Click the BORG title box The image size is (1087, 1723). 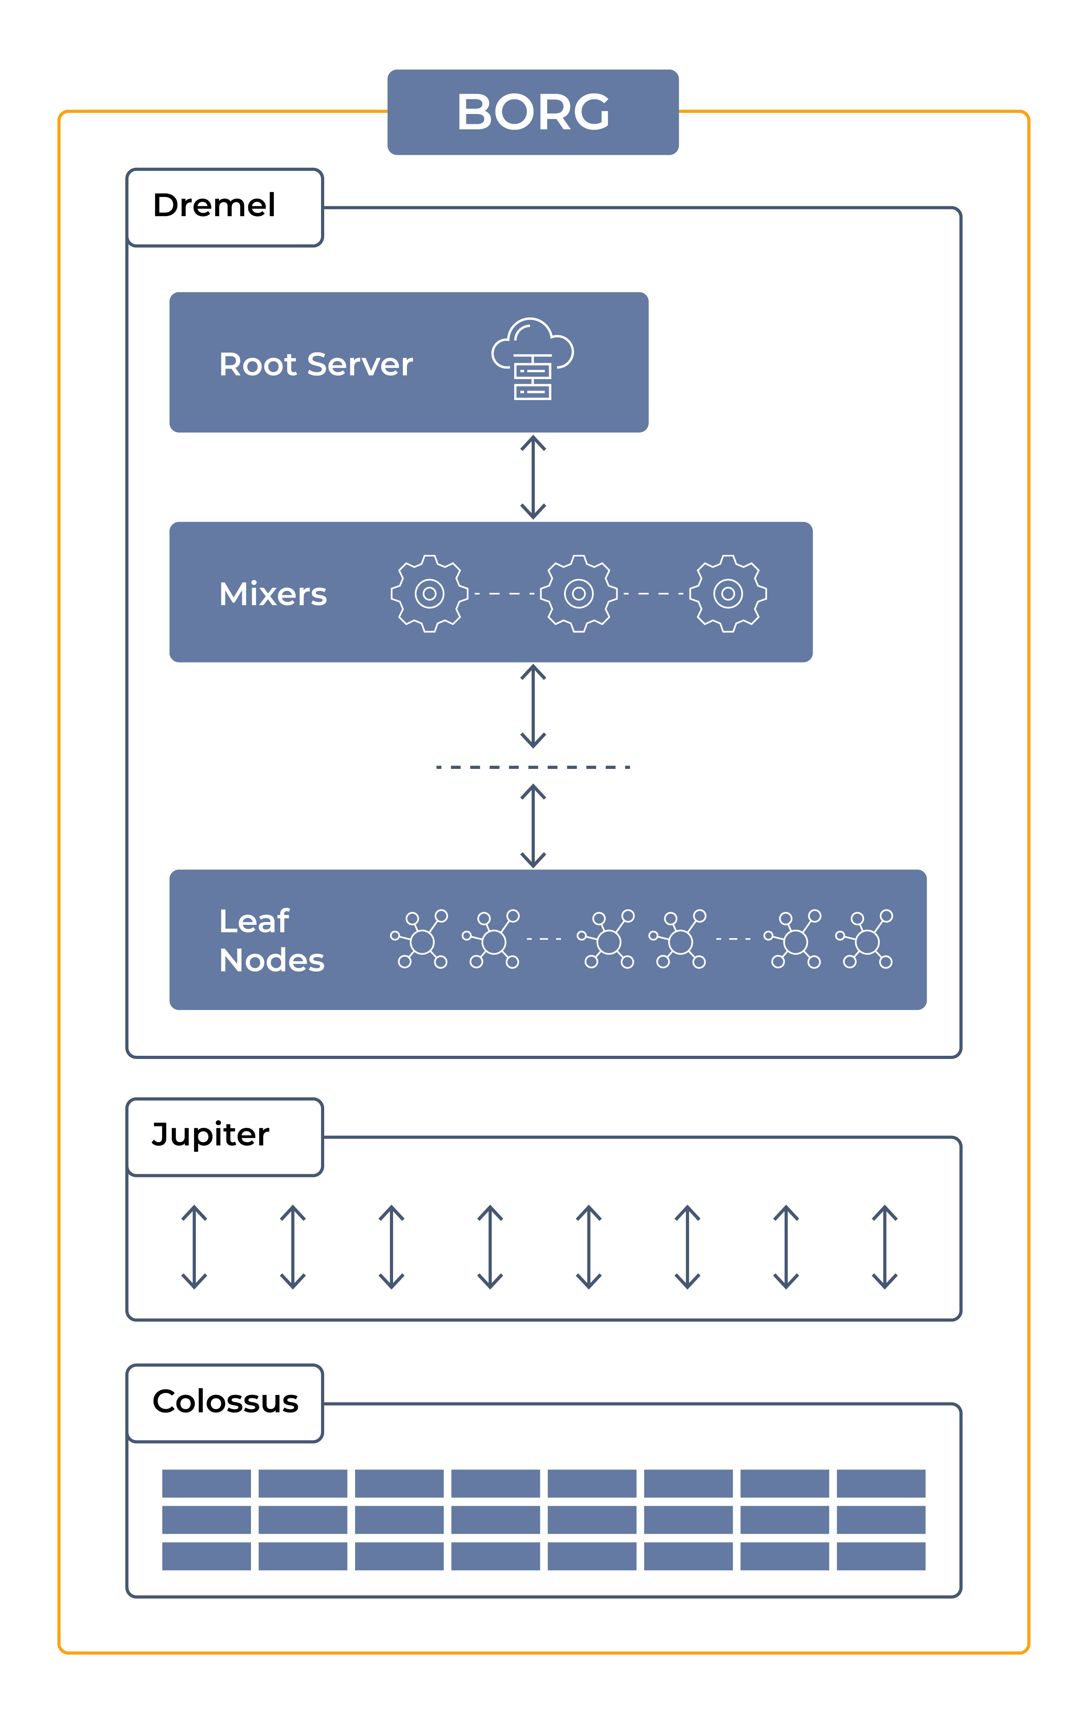click(x=533, y=112)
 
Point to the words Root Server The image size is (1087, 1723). click(x=315, y=364)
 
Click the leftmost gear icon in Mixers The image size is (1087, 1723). click(x=429, y=593)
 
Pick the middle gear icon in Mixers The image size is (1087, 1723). click(x=578, y=593)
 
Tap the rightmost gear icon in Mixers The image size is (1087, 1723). click(x=728, y=593)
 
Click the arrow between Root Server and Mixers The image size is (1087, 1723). click(x=533, y=477)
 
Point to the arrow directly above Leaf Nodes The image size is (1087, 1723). click(x=533, y=826)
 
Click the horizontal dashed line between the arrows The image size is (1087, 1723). click(x=533, y=767)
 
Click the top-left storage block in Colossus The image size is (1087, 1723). click(x=206, y=1483)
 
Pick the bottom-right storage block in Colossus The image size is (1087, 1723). click(x=881, y=1556)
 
